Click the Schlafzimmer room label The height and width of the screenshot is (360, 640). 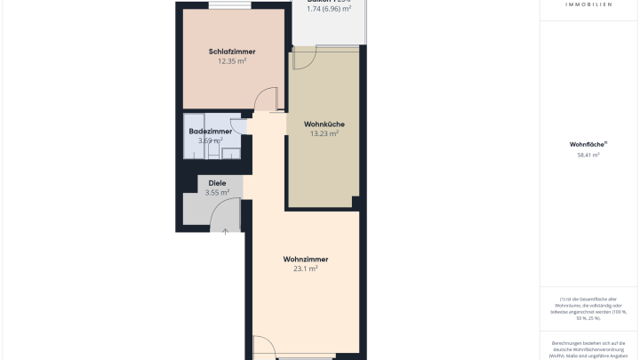pos(232,52)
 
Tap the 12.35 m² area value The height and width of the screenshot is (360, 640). pos(232,61)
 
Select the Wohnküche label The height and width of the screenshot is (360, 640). pos(324,124)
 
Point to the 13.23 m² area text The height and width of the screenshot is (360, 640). pos(324,133)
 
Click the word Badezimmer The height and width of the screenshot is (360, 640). pos(211,132)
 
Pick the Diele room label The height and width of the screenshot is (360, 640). pos(217,183)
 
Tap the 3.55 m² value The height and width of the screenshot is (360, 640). pos(217,192)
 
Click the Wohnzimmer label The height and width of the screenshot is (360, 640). pos(306,259)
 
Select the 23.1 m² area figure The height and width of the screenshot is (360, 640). pos(306,268)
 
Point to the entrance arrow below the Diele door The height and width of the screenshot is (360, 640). pos(226,232)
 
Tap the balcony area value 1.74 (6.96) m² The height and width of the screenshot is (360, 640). pos(329,8)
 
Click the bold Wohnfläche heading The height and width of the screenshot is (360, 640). pos(588,143)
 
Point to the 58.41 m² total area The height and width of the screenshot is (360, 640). pos(588,155)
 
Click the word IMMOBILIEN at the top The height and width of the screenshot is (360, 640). pos(588,4)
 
